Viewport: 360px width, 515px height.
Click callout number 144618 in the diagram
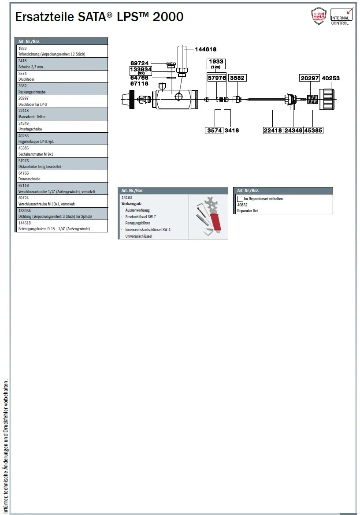click(205, 49)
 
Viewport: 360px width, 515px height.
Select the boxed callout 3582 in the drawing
click(237, 78)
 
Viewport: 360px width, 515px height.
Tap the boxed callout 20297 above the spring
click(310, 78)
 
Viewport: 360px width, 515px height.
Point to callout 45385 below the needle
click(313, 131)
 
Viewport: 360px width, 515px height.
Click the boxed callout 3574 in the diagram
click(215, 131)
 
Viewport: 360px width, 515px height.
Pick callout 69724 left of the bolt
click(140, 63)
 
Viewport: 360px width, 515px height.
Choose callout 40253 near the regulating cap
click(331, 78)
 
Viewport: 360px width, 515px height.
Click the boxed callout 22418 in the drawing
click(273, 131)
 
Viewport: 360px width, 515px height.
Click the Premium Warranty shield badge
click(319, 16)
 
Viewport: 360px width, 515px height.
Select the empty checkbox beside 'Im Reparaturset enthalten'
click(240, 199)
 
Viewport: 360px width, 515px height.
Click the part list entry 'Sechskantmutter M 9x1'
click(35, 154)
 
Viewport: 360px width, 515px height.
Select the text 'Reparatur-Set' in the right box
click(248, 211)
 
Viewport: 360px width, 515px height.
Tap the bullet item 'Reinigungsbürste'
click(138, 223)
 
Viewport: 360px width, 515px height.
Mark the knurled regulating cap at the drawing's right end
click(327, 99)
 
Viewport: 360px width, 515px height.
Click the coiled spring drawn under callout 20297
click(312, 99)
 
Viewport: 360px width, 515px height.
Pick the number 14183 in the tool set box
click(126, 198)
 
